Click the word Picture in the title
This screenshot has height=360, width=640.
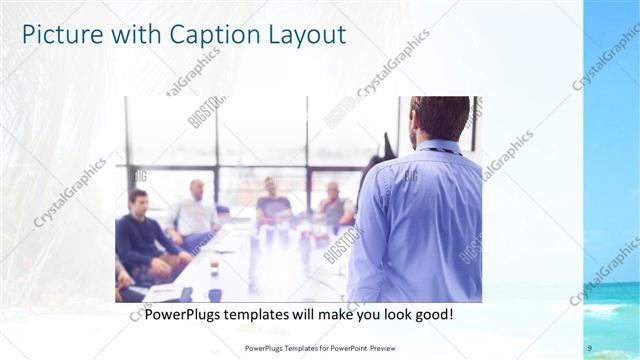59,35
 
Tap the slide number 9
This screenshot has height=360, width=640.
590,347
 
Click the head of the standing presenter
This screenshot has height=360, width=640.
440,118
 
